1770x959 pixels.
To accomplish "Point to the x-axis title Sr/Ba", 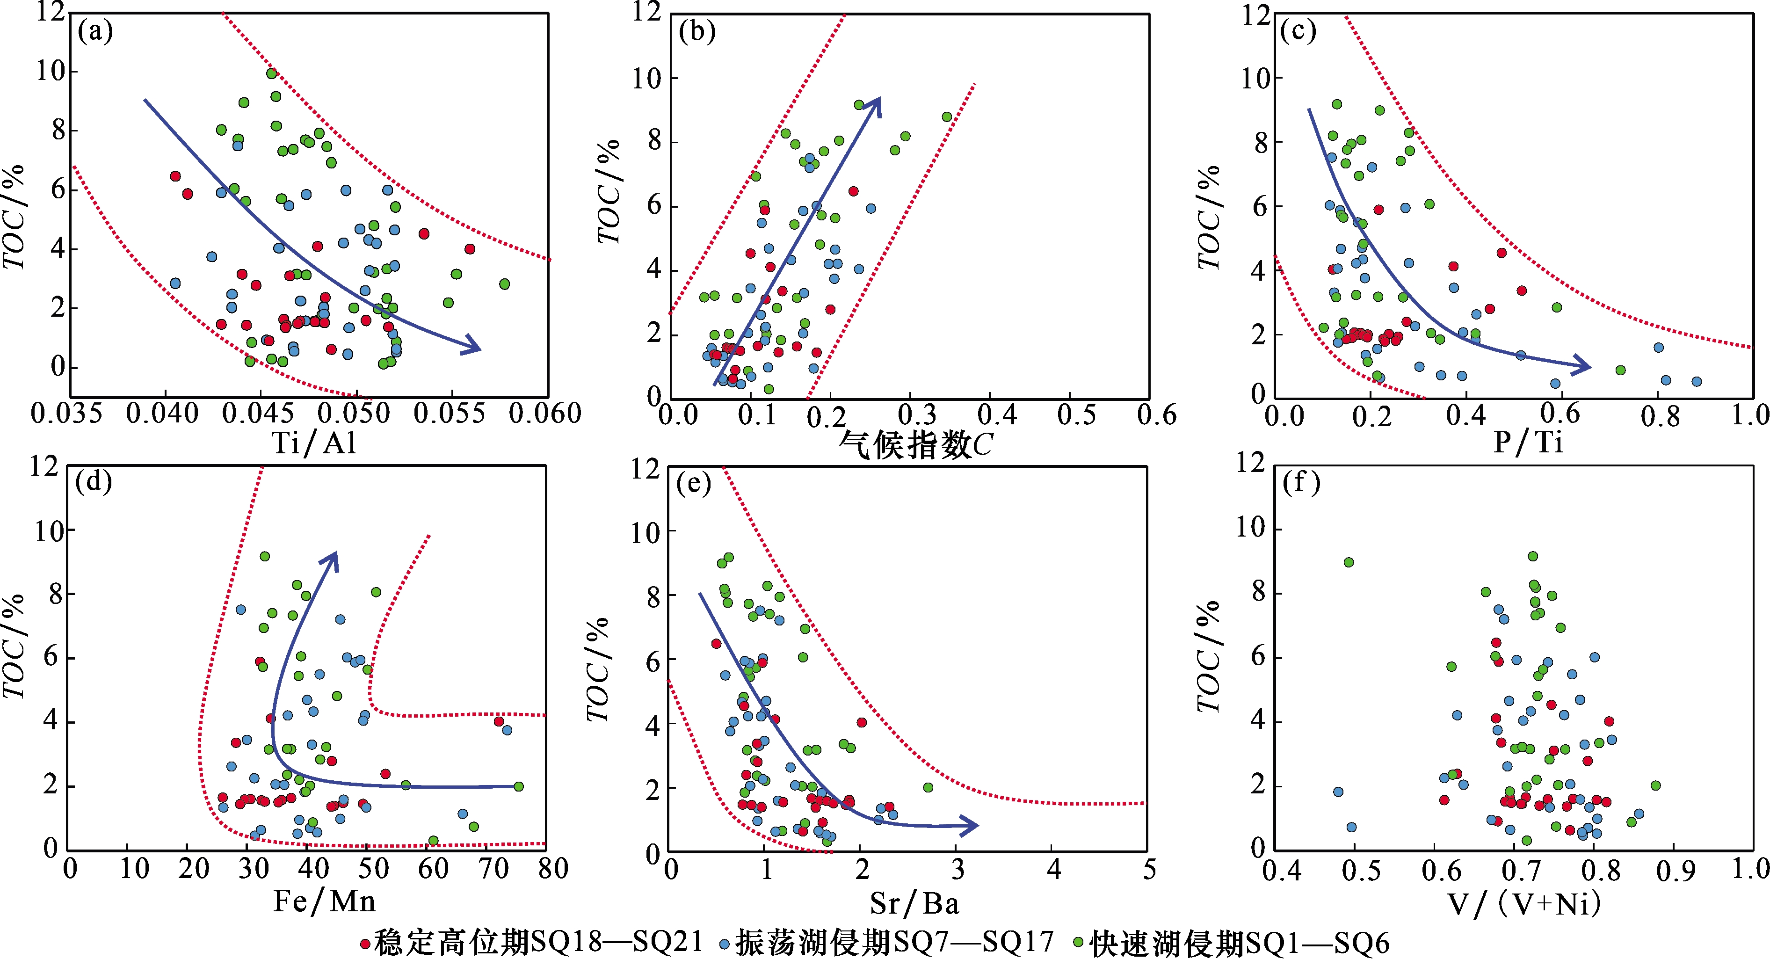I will coord(914,903).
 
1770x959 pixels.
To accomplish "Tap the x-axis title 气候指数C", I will coord(915,445).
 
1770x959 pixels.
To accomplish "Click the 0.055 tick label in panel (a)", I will coord(450,414).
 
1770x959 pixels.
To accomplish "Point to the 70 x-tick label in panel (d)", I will coord(494,869).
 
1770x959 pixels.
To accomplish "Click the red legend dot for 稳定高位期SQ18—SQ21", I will coord(365,944).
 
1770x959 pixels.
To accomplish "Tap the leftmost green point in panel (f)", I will coord(1349,562).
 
